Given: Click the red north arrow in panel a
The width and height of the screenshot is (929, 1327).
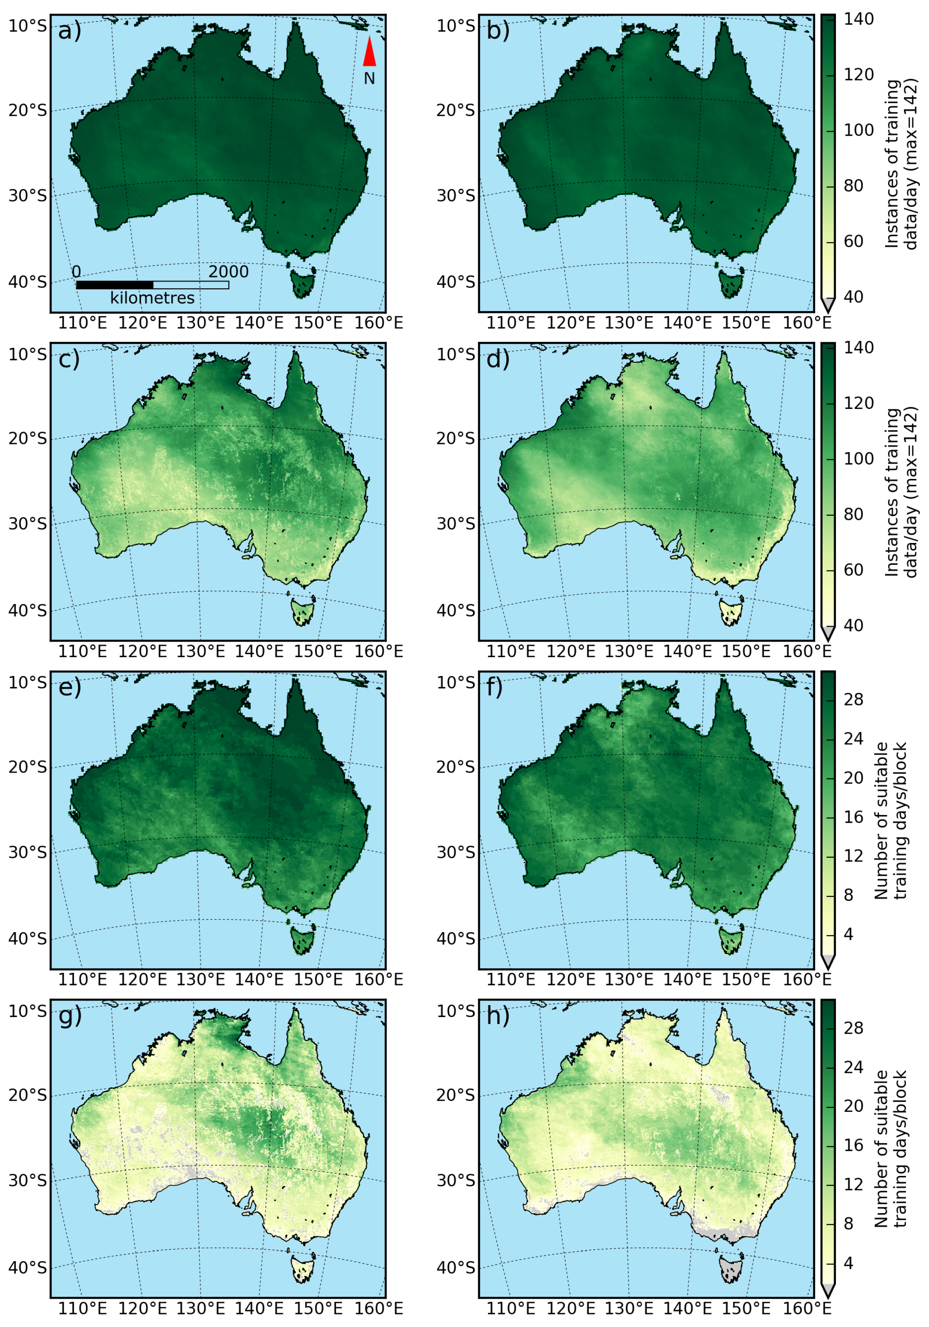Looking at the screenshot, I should (369, 52).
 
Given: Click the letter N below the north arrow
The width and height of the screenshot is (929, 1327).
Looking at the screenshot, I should (369, 78).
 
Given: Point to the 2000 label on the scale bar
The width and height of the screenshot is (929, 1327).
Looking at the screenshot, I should (229, 272).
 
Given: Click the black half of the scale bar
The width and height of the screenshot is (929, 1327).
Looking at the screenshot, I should (115, 285).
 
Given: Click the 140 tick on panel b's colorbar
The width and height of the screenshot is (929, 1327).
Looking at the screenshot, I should (859, 19).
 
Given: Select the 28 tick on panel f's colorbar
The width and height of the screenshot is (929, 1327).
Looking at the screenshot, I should (853, 700).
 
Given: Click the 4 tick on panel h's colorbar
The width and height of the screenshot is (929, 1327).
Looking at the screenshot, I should (848, 1263).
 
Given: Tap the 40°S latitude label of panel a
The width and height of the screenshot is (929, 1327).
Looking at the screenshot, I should (27, 282).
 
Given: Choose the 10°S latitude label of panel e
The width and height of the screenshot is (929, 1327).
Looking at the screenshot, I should (27, 682).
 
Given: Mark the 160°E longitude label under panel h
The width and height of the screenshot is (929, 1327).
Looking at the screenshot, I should (807, 1308).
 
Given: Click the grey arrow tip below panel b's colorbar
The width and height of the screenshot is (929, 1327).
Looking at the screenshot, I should (828, 305).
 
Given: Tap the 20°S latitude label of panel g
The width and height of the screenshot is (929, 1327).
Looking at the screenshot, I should (27, 1095).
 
